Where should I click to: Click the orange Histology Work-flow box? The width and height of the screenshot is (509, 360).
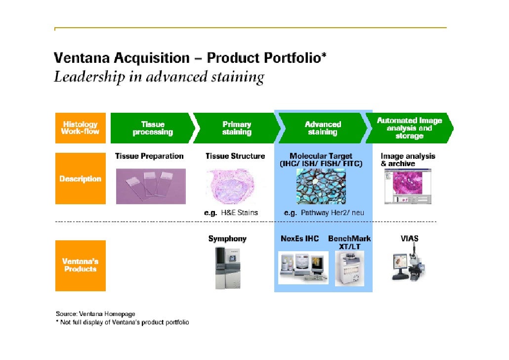80,128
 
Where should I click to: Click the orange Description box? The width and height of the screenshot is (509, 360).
80,179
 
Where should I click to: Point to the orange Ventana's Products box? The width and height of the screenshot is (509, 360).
80,266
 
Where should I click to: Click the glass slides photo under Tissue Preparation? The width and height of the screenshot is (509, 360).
151,186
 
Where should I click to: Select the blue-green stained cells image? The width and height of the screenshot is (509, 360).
321,186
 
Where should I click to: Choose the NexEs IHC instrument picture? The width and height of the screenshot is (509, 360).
302,267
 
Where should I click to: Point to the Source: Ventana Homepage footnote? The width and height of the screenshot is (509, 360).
95,314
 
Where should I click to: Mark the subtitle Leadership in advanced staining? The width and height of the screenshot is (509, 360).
159,77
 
